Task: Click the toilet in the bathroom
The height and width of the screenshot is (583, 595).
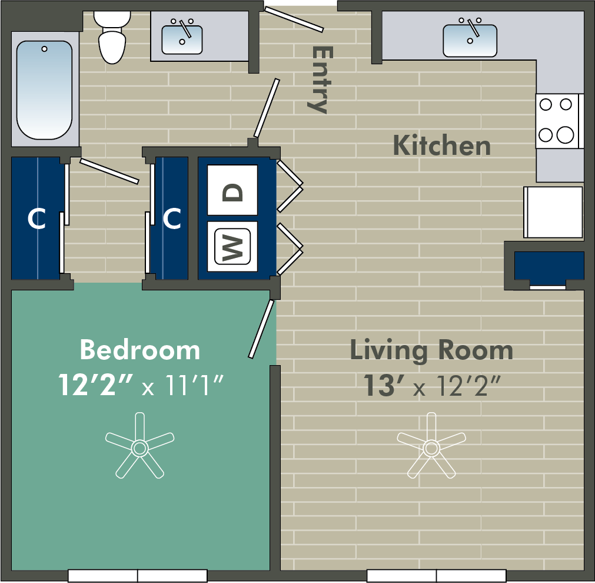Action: pos(112,37)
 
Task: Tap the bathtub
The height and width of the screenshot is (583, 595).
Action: pos(45,90)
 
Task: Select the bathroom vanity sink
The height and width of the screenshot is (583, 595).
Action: pos(182,39)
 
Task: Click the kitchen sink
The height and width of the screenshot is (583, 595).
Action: pos(470,40)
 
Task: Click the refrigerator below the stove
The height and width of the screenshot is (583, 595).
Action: pos(553,212)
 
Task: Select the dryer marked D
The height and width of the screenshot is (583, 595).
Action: pos(232,190)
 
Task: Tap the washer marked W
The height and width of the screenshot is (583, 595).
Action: pos(232,247)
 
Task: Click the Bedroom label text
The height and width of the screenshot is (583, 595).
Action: pos(140,350)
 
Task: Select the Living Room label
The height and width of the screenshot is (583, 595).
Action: pos(431,351)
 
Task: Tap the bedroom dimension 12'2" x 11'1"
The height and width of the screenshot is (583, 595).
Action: pos(141,385)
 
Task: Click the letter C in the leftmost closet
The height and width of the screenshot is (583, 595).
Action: pos(37,218)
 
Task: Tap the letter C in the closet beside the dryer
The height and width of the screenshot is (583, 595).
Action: pos(172,218)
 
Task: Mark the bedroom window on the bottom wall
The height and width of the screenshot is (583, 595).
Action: pos(137,576)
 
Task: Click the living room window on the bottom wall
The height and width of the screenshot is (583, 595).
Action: pos(436,576)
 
